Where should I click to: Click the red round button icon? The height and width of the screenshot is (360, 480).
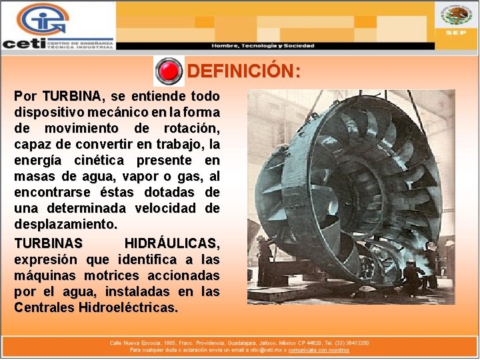(x=169, y=71)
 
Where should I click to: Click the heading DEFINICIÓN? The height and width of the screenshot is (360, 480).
(x=243, y=71)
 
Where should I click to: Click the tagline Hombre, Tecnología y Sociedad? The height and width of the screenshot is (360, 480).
(x=263, y=45)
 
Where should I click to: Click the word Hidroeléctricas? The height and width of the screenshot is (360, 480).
(x=128, y=307)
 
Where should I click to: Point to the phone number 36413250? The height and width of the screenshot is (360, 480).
(x=356, y=343)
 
